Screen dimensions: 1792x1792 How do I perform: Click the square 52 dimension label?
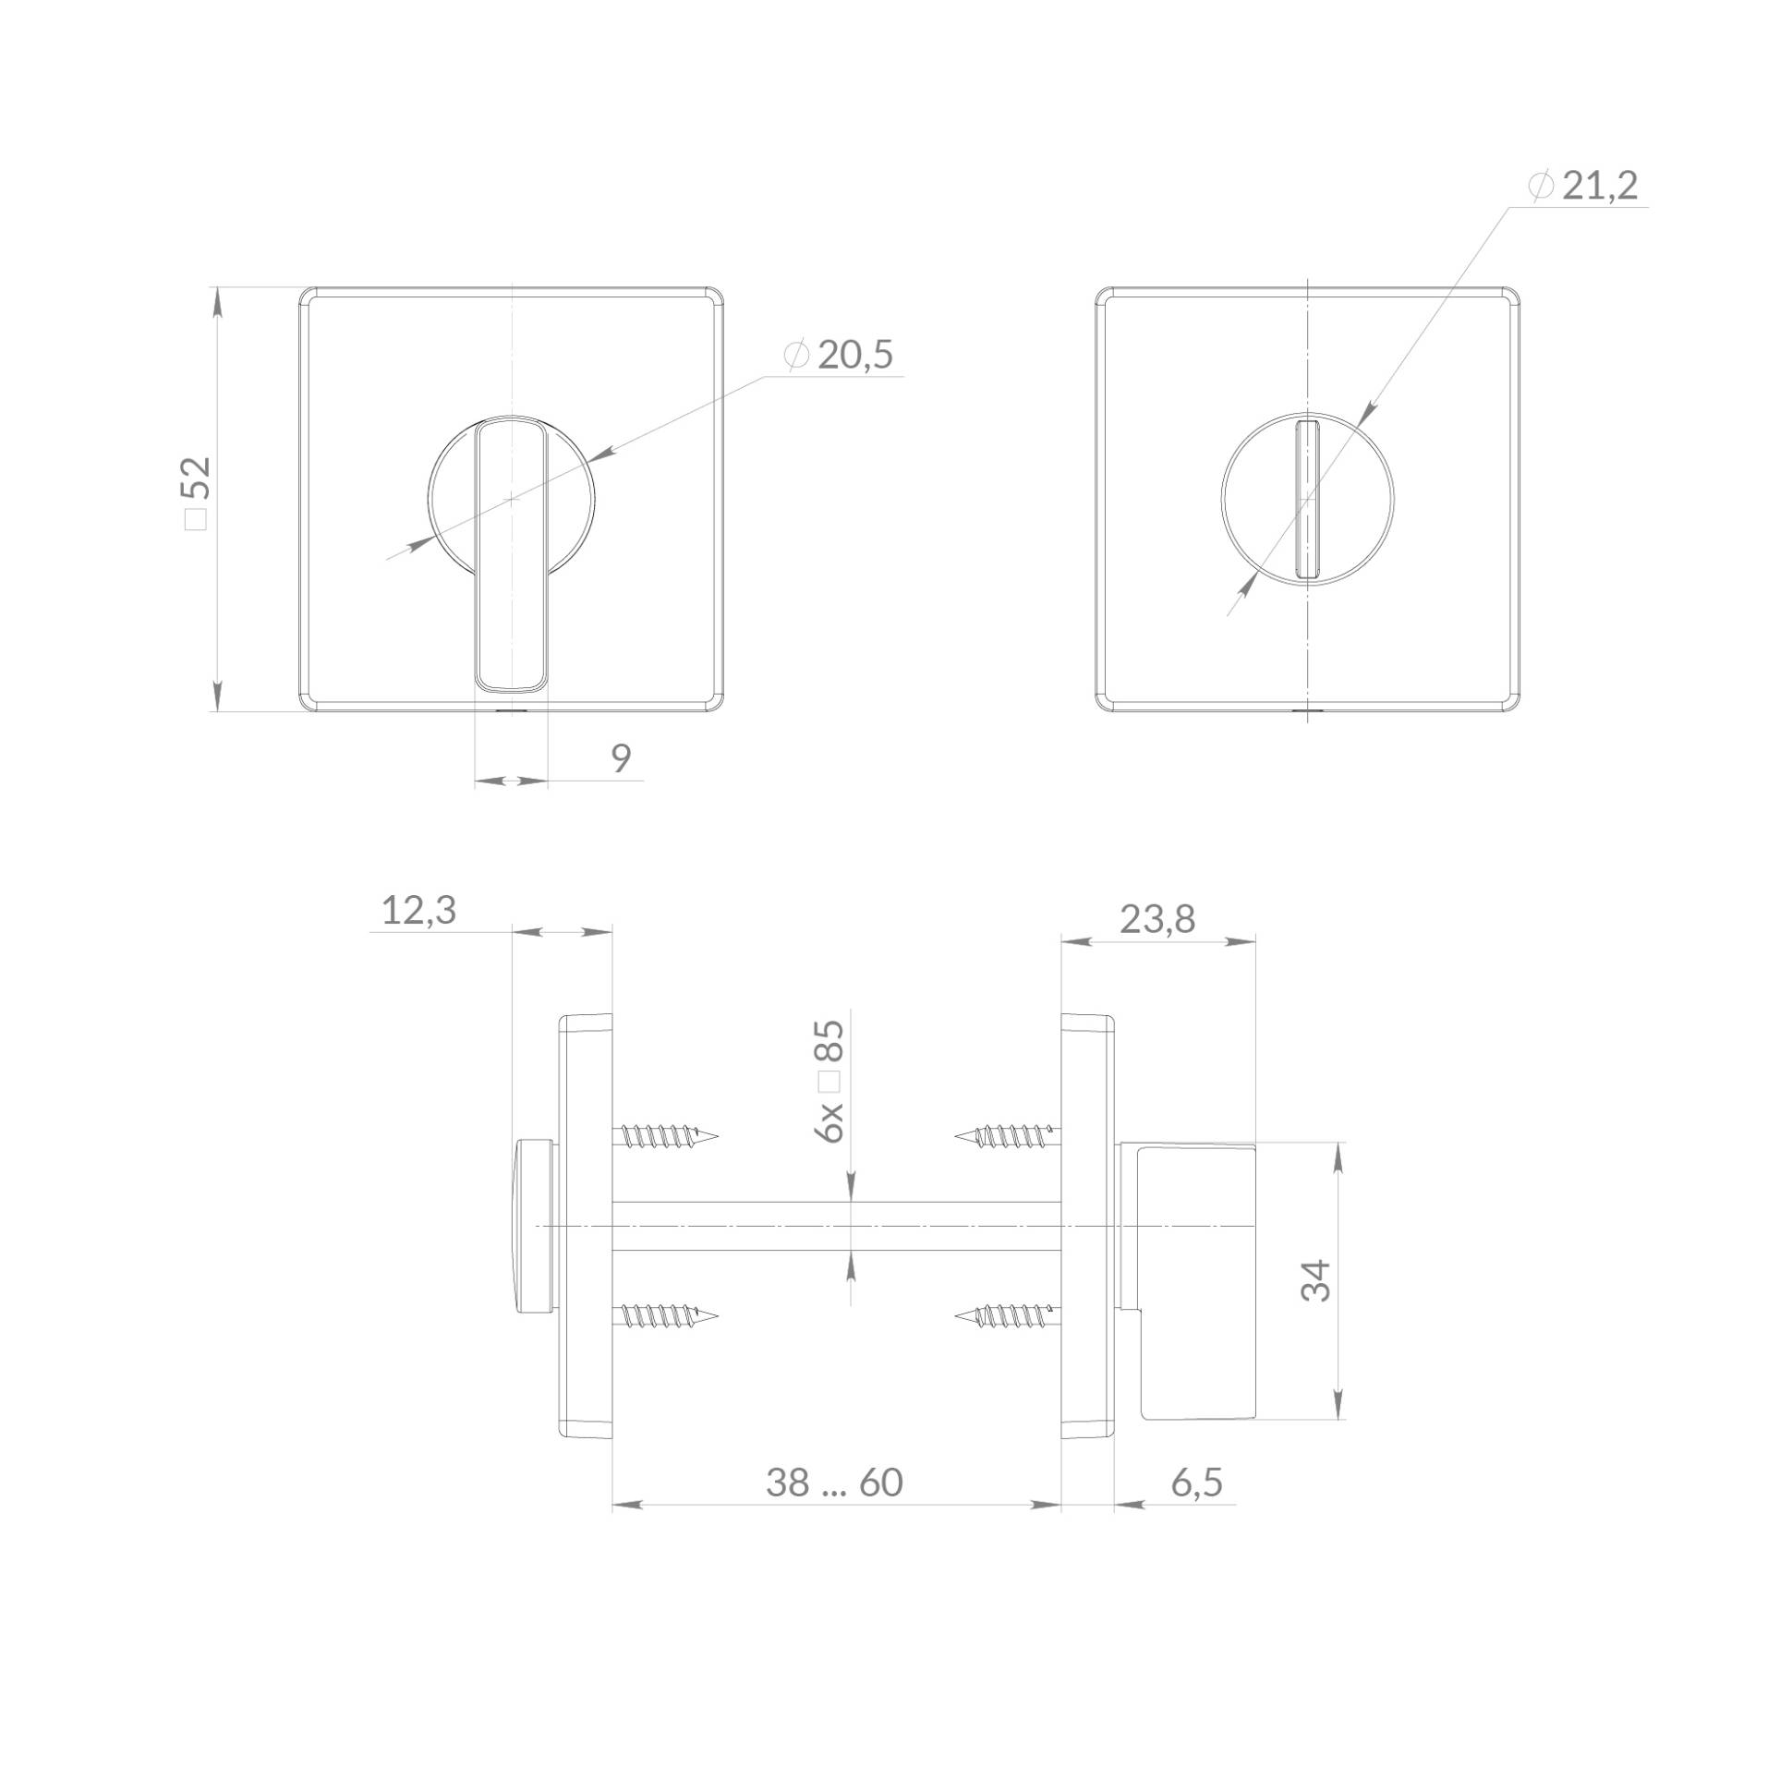[x=199, y=492]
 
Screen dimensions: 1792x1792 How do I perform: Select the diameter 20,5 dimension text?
[x=839, y=356]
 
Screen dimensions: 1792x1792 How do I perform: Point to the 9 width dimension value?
[x=622, y=757]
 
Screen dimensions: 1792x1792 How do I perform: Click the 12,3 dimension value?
[x=419, y=911]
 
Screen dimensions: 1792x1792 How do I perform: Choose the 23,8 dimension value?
[x=1157, y=919]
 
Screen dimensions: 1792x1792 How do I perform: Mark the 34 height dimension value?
[x=1316, y=1280]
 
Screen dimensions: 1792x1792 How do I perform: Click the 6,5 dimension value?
[x=1196, y=1483]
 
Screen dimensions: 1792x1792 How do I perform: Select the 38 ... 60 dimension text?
[x=835, y=1483]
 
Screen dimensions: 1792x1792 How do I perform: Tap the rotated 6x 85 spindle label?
[x=829, y=1081]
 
